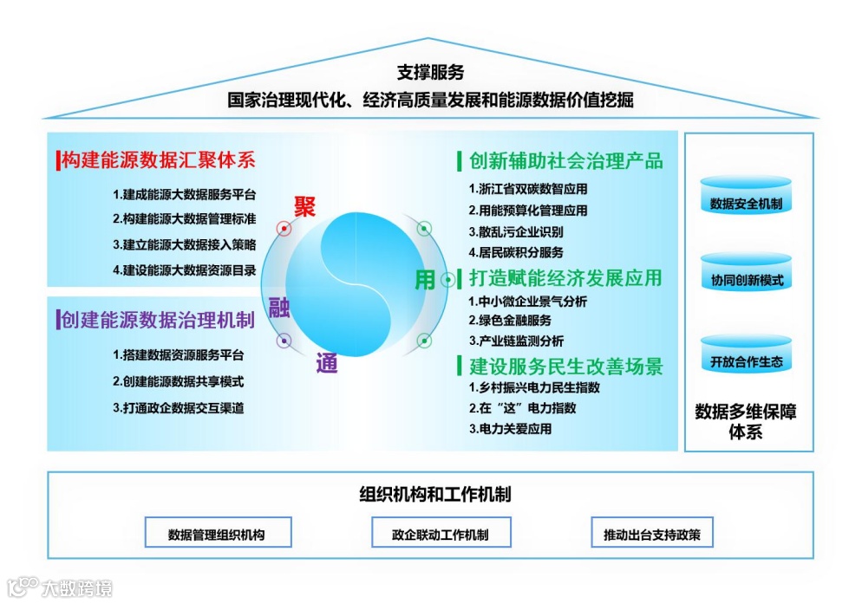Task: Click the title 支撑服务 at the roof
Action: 430,72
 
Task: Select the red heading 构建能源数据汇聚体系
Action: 158,160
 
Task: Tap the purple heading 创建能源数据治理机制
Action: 157,321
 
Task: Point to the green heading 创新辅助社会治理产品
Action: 565,161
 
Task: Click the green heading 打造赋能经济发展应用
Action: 565,278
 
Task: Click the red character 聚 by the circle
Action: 304,206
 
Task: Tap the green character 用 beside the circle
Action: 424,279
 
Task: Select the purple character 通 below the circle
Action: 326,364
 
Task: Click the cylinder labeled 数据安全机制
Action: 746,198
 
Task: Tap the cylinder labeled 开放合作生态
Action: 746,356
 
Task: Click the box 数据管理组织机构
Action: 217,534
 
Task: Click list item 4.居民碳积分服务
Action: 516,253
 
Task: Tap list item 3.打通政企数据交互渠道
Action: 179,407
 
